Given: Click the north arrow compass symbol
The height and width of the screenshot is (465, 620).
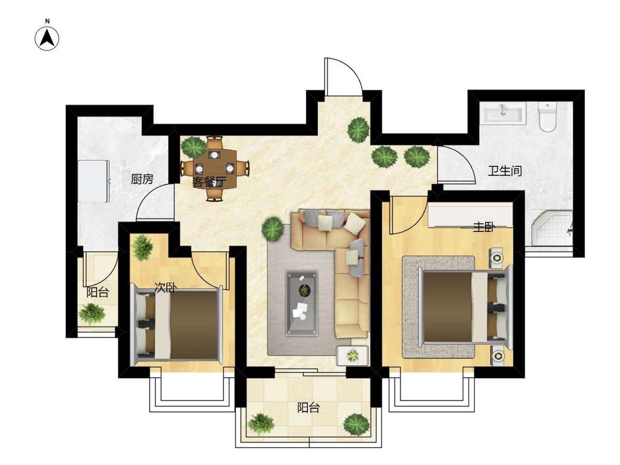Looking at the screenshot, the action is [47, 38].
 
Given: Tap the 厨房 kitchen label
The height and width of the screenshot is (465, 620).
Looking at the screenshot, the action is [142, 179].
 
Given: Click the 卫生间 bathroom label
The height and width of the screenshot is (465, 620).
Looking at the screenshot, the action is [505, 171].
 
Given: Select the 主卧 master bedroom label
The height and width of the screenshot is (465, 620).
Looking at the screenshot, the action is [484, 227].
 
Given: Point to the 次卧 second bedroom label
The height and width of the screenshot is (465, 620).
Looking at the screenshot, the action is [165, 288].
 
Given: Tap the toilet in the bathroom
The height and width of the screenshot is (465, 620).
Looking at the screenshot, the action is [547, 117].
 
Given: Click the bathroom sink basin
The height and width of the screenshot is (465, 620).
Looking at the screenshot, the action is [503, 113].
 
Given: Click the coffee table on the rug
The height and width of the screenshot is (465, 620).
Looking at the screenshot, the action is [302, 303].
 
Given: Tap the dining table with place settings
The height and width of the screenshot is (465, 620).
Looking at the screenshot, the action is [214, 168].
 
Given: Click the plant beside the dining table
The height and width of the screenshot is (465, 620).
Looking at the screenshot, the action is [193, 147].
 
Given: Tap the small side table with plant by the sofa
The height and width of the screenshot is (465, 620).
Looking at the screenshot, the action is [352, 355].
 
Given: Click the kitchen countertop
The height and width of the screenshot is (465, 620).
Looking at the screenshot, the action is [93, 181].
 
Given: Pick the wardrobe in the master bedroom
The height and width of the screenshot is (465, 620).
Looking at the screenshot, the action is [470, 214].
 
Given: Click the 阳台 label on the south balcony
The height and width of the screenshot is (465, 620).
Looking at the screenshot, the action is [308, 408].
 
